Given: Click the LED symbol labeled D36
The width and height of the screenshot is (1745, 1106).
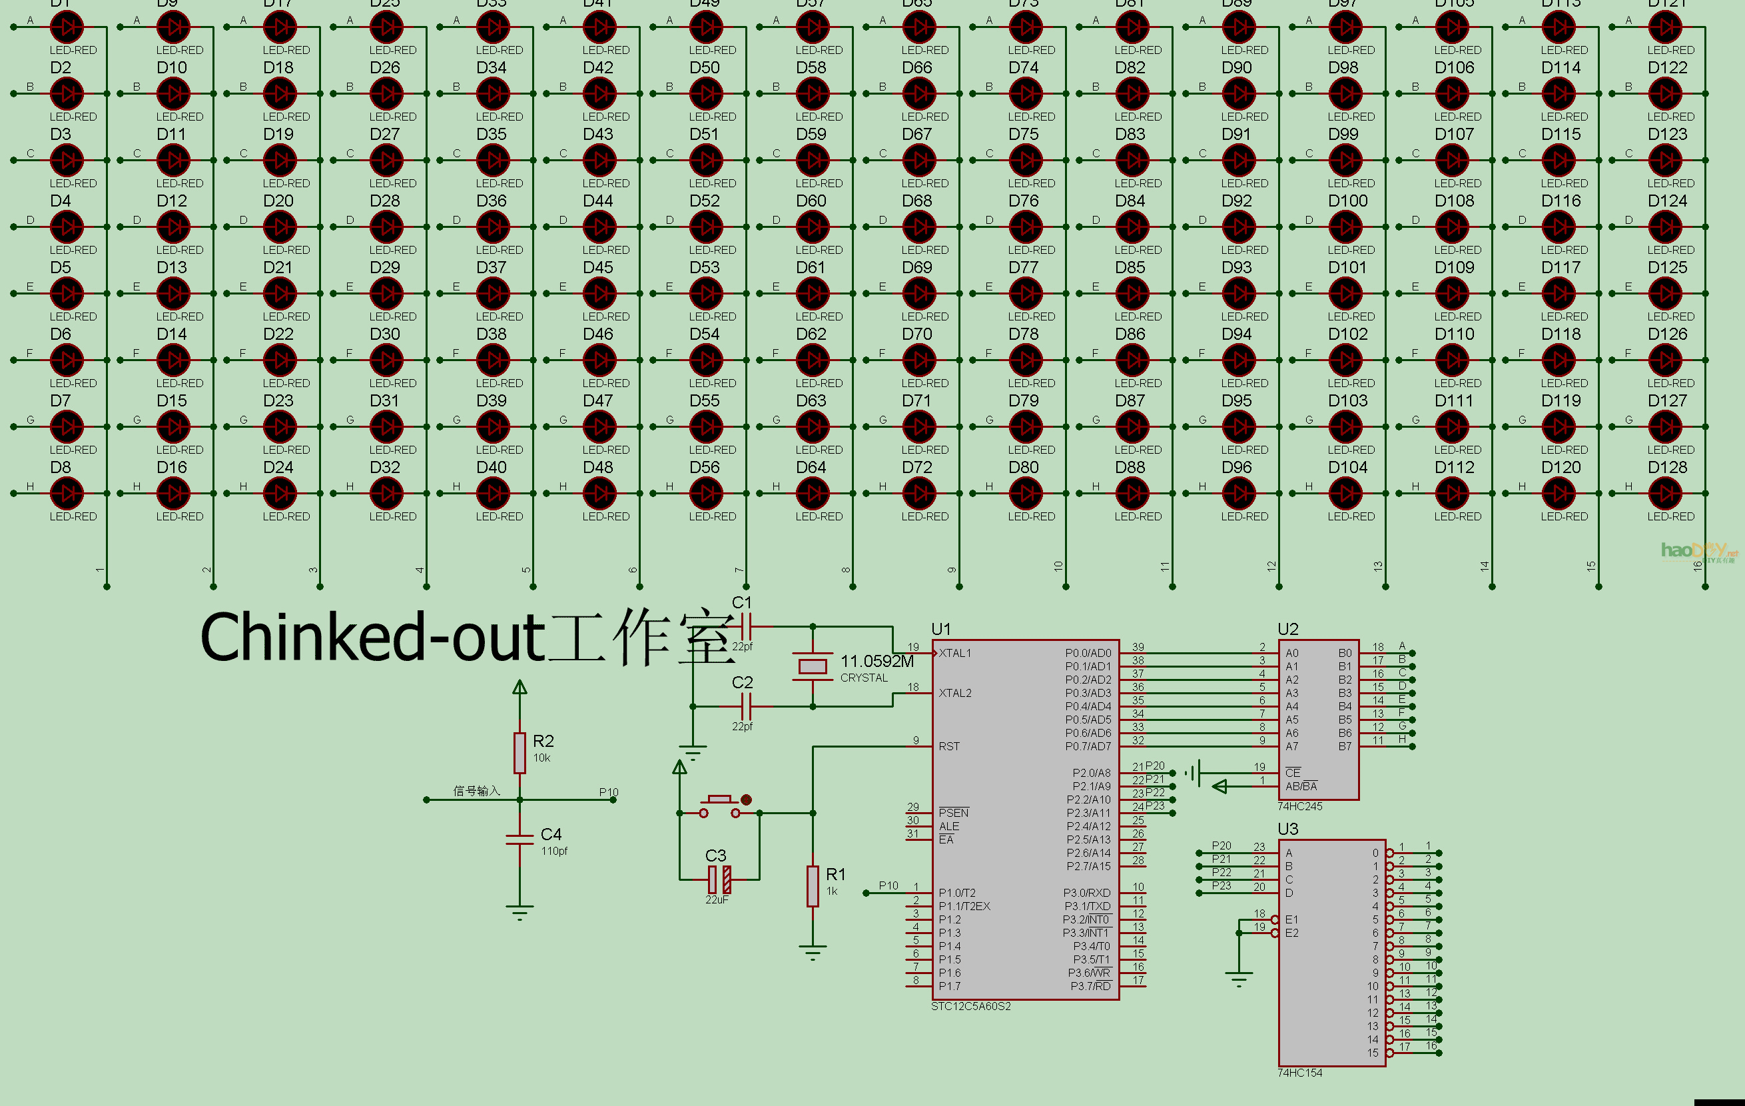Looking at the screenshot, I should point(493,227).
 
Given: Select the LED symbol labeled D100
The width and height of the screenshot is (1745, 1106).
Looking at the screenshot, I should point(1345,227).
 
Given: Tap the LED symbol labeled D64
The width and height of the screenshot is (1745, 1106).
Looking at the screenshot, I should point(813,494).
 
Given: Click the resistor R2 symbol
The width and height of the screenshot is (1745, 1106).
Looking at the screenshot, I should point(520,752).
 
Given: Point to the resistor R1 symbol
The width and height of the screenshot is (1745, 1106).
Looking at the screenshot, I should point(813,885).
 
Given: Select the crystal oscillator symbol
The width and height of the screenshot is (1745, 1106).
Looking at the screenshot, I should point(813,666).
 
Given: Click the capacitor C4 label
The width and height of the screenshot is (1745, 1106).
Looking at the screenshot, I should point(551,834).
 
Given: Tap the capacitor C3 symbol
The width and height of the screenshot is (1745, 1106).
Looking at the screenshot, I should point(719,879).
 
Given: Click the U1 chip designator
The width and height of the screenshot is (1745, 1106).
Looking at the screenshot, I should point(940,629).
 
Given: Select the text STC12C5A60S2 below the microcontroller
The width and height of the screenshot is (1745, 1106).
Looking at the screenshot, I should point(970,1006).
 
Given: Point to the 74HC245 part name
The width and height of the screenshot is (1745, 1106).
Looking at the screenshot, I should point(1299,806).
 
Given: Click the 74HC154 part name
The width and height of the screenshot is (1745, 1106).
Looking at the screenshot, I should point(1299,1073).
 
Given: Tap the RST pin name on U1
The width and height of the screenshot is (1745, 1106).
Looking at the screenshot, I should point(948,746).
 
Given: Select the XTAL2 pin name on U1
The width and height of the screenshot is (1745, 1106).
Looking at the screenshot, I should point(954,693).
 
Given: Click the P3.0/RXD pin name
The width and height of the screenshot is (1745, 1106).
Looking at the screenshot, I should point(1086,893).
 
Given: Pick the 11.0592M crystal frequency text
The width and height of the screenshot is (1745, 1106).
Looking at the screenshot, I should point(877,661).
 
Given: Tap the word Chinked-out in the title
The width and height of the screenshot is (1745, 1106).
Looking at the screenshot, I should point(372,638).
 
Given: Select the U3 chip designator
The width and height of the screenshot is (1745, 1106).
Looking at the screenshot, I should point(1287,829).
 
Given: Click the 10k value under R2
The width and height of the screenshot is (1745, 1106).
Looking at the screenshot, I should point(541,758).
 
